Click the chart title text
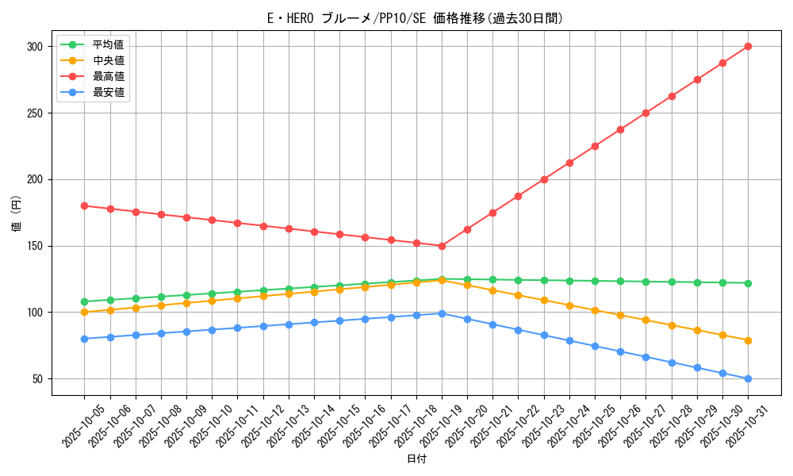pos(416,18)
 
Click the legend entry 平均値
pos(109,44)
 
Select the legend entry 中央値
pos(109,60)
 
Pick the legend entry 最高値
pos(109,76)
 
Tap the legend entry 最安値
pos(109,92)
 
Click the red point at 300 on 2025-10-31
pos(748,46)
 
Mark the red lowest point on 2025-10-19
pos(442,246)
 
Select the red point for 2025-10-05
pos(85,205)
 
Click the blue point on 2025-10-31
pos(748,378)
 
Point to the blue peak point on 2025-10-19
pos(442,313)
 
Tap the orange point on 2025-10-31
pos(748,340)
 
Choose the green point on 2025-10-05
pos(85,301)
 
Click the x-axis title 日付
pos(416,459)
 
